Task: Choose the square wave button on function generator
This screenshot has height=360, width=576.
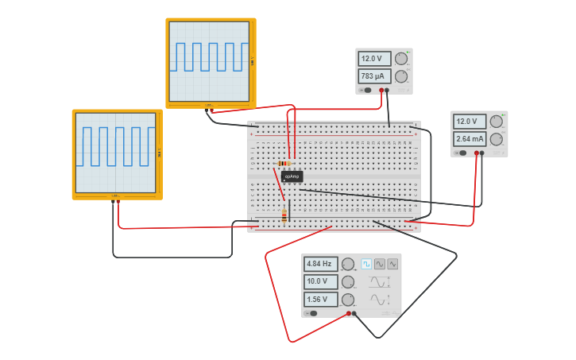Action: point(367,264)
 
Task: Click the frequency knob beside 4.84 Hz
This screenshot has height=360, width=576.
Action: point(348,264)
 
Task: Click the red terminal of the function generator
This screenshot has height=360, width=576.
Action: point(349,314)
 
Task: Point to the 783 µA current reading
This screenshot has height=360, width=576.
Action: point(374,76)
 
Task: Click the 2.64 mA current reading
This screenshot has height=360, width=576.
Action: point(470,139)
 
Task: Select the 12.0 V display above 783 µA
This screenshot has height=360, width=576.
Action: point(374,59)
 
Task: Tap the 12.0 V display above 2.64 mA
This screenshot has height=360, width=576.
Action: point(470,122)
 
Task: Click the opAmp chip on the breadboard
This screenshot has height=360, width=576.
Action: point(292,176)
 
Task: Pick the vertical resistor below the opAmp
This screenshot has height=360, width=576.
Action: point(284,216)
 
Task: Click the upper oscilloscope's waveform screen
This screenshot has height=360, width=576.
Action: point(210,61)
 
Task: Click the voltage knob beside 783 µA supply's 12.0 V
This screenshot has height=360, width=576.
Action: point(401,59)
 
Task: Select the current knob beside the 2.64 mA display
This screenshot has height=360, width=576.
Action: point(497,139)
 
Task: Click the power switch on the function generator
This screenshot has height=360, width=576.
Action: point(313,313)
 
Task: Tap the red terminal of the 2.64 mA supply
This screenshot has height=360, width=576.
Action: point(477,153)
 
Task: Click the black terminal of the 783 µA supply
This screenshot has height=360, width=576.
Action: point(387,91)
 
